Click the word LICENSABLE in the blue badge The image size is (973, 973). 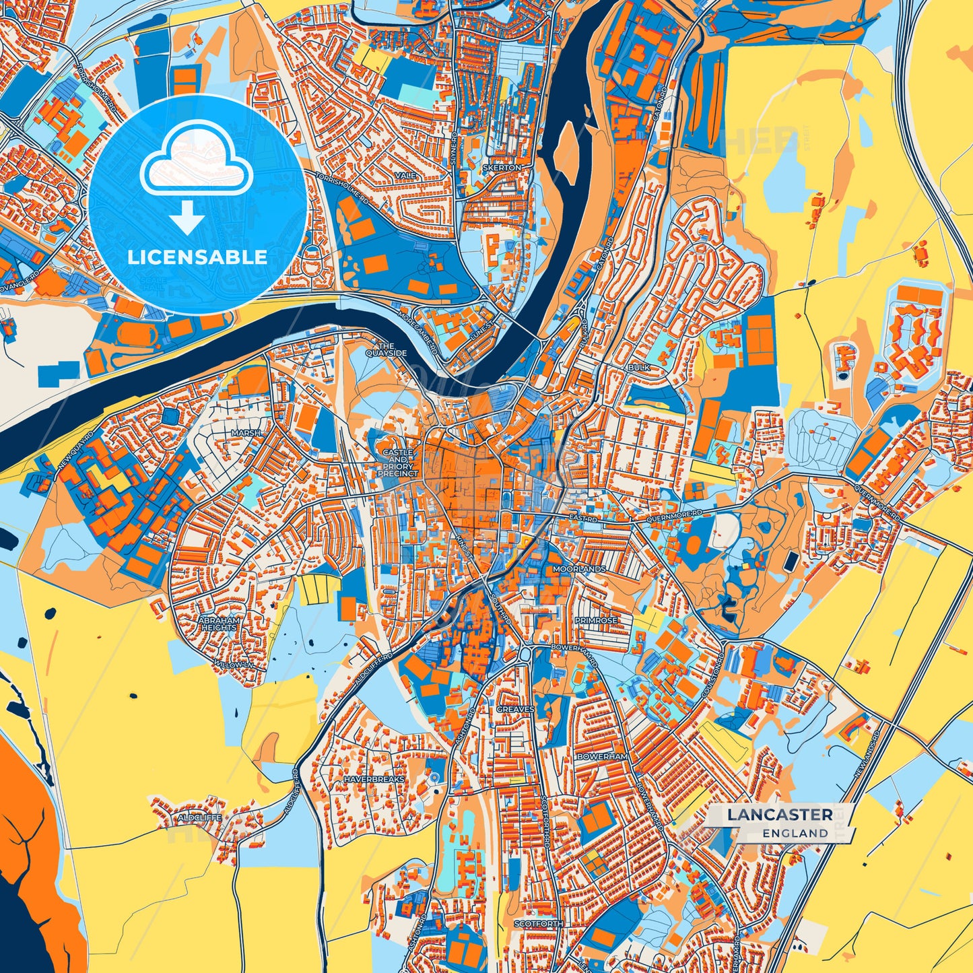pyautogui.click(x=197, y=257)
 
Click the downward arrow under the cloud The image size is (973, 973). pyautogui.click(x=187, y=218)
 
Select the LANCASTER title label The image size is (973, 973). pyautogui.click(x=779, y=815)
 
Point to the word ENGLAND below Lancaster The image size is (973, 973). pyautogui.click(x=795, y=833)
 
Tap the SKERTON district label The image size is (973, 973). pyautogui.click(x=502, y=167)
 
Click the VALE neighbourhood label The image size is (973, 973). pyautogui.click(x=407, y=175)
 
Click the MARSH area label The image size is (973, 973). pyautogui.click(x=245, y=433)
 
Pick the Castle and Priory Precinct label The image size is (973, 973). pyautogui.click(x=397, y=463)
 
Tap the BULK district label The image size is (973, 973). pyautogui.click(x=638, y=368)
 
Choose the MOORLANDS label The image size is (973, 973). pyautogui.click(x=579, y=569)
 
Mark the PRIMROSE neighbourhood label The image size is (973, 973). pyautogui.click(x=595, y=620)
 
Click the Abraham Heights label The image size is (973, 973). pyautogui.click(x=220, y=624)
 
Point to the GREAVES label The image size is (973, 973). pyautogui.click(x=515, y=709)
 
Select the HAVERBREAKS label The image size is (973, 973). pyautogui.click(x=374, y=779)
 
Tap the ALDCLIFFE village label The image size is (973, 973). pyautogui.click(x=199, y=817)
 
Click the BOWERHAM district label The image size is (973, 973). pyautogui.click(x=602, y=757)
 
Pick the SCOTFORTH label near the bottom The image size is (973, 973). pyautogui.click(x=538, y=925)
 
